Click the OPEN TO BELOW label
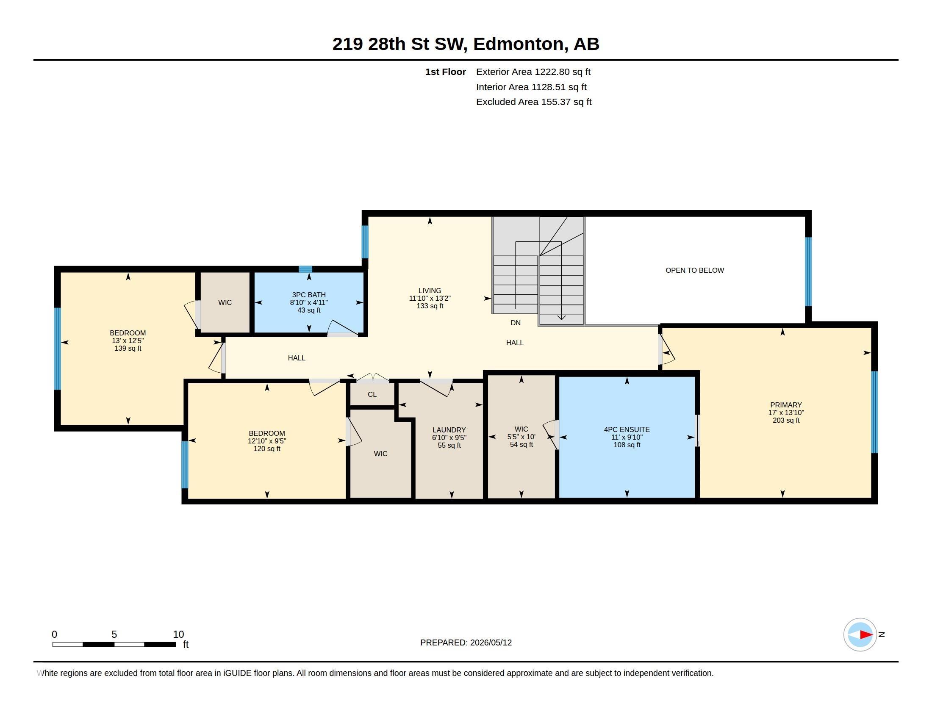(694, 270)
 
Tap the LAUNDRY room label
(449, 430)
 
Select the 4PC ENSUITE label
(627, 429)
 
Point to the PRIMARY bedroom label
(785, 405)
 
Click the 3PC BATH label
(308, 295)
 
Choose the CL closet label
(372, 395)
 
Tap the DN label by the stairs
(516, 323)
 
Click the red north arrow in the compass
(866, 635)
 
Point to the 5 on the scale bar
(114, 634)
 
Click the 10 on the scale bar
(178, 634)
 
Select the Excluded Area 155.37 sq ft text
(534, 102)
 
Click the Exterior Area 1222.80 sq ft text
(533, 72)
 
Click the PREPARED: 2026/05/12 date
(466, 642)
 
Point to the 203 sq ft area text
(786, 420)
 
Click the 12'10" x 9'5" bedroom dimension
(267, 441)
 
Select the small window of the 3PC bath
(305, 269)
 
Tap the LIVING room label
(430, 291)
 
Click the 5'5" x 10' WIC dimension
(521, 437)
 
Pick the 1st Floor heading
(446, 72)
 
